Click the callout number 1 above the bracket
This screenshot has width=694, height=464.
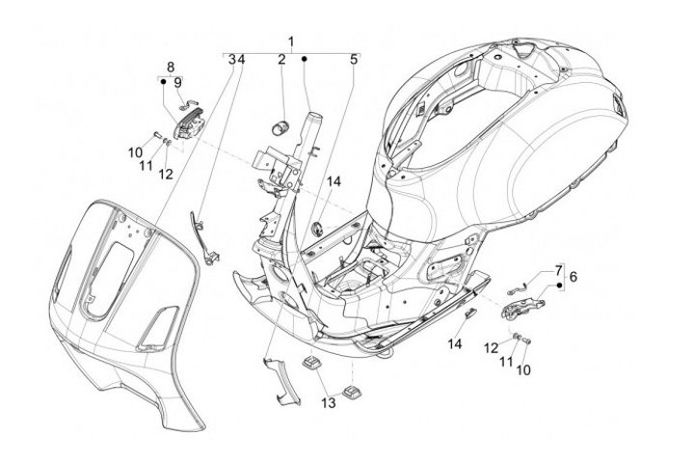pos(291,42)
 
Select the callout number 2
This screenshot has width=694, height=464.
pos(281,60)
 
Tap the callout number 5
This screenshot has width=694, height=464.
pos(353,60)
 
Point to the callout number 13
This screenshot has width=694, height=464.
pos(329,403)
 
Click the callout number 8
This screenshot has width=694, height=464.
pos(171,68)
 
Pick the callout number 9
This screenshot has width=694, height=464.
pos(177,83)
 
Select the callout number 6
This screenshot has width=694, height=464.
pos(574,277)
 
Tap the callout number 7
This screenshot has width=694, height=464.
pos(558,270)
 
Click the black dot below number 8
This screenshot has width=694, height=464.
pos(163,82)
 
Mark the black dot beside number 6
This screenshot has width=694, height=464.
pos(559,285)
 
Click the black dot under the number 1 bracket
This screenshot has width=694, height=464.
pos(305,59)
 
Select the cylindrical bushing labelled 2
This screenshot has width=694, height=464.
pos(280,125)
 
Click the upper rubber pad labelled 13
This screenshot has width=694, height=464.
pos(311,363)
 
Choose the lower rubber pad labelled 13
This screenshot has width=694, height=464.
pos(353,391)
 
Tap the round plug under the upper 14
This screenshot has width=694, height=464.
pos(317,229)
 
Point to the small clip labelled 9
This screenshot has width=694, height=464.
pos(187,105)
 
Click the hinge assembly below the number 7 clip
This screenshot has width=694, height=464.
pos(522,307)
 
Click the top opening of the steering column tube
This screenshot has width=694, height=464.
pos(314,116)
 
